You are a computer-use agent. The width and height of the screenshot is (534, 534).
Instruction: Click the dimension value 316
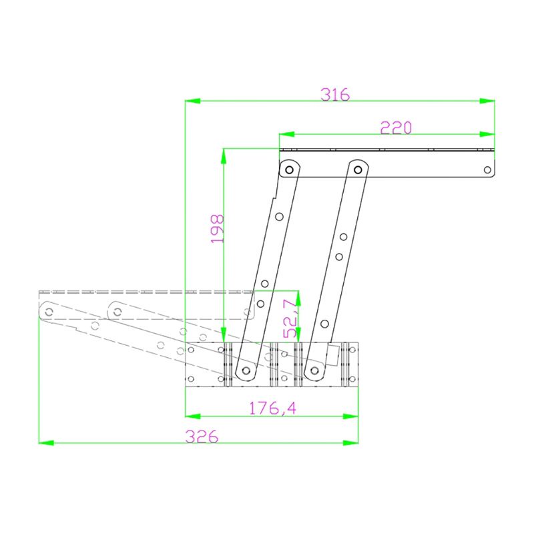(x=334, y=94)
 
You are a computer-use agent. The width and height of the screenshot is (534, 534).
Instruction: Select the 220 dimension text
(x=396, y=127)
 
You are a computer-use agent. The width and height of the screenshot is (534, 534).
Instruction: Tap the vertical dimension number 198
(x=217, y=228)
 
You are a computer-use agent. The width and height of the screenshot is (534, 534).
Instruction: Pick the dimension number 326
(x=202, y=437)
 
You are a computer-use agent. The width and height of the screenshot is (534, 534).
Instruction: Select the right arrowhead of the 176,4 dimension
(x=352, y=416)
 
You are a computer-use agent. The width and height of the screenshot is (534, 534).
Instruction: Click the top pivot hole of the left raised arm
(x=289, y=170)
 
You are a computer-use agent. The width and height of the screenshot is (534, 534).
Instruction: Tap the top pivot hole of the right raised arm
(x=358, y=168)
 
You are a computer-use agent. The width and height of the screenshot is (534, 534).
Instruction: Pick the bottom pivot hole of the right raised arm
(x=315, y=369)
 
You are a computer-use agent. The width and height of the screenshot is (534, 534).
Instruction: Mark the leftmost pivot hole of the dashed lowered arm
(x=49, y=310)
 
